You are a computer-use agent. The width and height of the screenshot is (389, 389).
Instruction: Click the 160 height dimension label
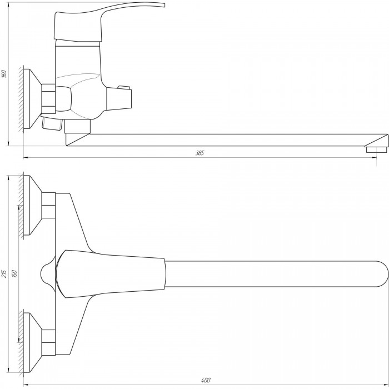coord(4,74)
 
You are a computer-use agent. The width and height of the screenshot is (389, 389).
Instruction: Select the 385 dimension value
coord(200,153)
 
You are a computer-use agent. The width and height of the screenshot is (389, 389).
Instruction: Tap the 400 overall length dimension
coord(206,380)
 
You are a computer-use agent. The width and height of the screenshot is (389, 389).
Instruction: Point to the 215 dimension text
coord(4,273)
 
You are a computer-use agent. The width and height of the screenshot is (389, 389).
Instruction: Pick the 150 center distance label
coord(14,273)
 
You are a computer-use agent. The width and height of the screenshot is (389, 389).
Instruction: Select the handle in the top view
coord(111,273)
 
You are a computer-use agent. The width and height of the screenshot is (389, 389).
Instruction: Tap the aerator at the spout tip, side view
coord(376,149)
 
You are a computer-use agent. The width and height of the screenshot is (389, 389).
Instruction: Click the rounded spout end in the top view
coord(382,274)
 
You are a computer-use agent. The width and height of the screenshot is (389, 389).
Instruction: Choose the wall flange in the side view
coord(32,99)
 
